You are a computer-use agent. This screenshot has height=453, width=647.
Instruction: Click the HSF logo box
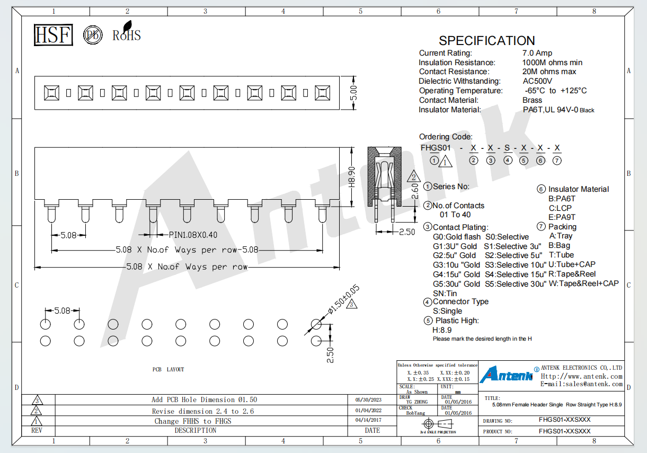point(54,35)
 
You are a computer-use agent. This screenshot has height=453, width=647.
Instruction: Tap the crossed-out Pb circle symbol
point(93,35)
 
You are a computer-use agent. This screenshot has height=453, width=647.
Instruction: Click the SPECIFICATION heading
point(486,41)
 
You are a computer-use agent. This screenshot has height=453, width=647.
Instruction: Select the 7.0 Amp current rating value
point(537,53)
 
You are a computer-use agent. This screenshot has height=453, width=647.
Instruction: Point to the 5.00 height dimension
point(353,93)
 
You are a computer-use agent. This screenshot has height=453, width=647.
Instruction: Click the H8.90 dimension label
point(351,177)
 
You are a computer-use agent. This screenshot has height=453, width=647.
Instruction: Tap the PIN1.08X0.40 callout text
point(193,235)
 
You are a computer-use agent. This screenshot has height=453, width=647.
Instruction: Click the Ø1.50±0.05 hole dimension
point(344,299)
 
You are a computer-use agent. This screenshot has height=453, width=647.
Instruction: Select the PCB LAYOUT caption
point(168,370)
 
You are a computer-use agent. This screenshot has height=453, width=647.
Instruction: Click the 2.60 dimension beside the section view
point(414,191)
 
